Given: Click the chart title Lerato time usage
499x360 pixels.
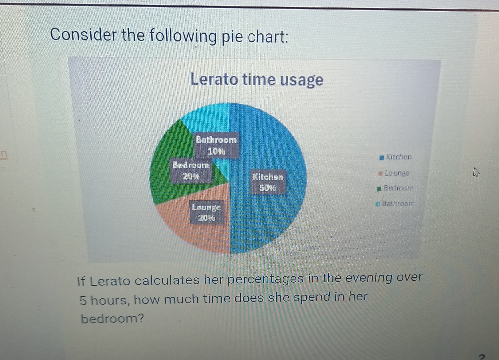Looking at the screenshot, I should pos(256,80).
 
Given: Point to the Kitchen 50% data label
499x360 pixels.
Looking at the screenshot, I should pos(268,182).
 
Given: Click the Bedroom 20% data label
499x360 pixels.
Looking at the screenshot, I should pos(191,170).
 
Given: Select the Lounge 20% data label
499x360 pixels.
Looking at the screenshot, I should pos(206,212).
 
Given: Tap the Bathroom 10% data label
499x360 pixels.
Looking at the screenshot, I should pos(216,145).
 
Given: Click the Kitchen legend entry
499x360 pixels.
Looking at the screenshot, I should pos(398,157).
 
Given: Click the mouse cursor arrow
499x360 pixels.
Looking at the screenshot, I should pos(476,172).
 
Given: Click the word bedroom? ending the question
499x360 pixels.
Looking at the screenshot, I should pos(112,319).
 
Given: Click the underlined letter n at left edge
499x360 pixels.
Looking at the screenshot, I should pos(4,154).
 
